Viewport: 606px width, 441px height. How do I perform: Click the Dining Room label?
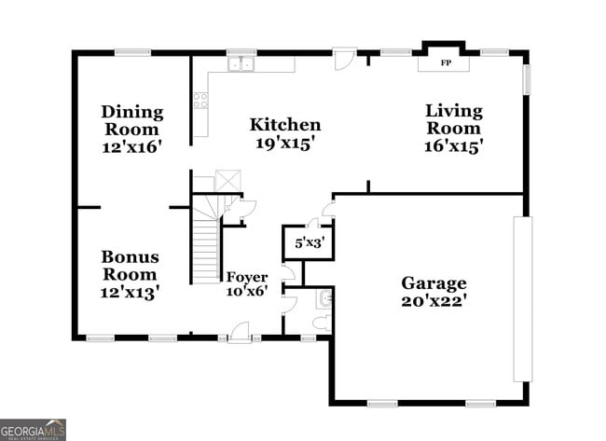click(x=131, y=120)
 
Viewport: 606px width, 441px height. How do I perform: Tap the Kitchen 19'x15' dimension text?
click(x=285, y=144)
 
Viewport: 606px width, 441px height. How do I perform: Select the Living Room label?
click(x=454, y=119)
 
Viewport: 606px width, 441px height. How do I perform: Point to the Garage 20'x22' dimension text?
click(x=434, y=301)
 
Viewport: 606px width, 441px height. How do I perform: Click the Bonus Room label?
click(x=131, y=265)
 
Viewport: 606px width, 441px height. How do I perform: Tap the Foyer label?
click(x=247, y=278)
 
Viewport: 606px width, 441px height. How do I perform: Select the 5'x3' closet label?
click(x=308, y=242)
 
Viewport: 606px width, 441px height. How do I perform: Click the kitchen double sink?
click(x=243, y=63)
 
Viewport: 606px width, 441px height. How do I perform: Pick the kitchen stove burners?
click(x=200, y=100)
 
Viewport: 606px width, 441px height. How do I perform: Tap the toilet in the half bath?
click(x=322, y=323)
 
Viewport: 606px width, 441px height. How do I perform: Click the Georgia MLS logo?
click(x=33, y=429)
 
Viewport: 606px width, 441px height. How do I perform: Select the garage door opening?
click(x=522, y=298)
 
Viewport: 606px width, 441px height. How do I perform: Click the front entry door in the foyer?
click(x=240, y=331)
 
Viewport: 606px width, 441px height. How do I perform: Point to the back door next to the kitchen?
click(x=345, y=56)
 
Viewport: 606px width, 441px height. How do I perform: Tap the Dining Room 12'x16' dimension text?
click(x=131, y=146)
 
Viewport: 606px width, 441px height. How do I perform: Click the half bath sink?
click(x=324, y=298)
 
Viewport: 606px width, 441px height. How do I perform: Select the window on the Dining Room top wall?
click(x=133, y=52)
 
